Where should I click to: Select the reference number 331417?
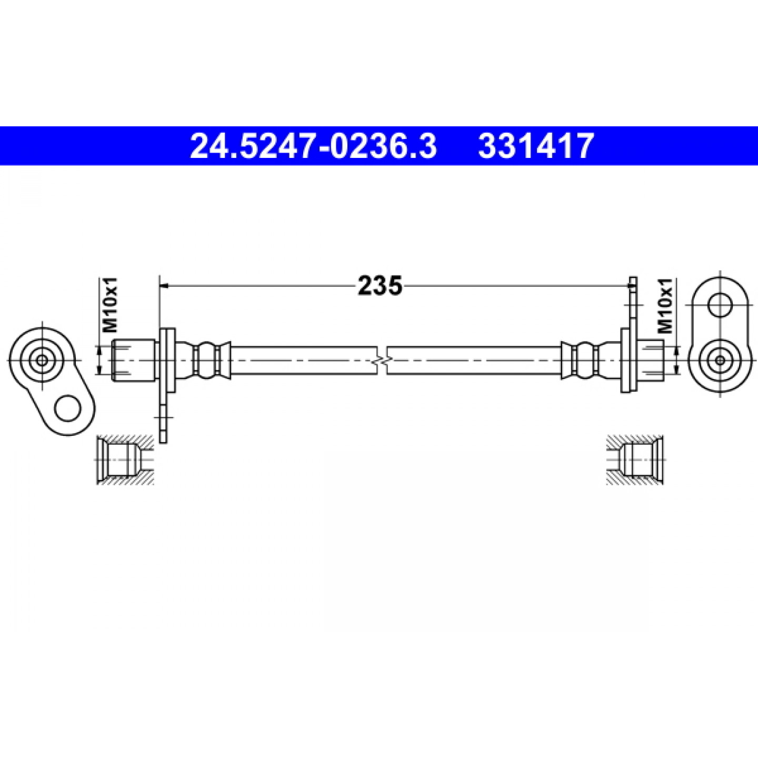coord(535,146)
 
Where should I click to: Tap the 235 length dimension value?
coord(380,285)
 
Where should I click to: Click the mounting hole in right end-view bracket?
coord(721,304)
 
